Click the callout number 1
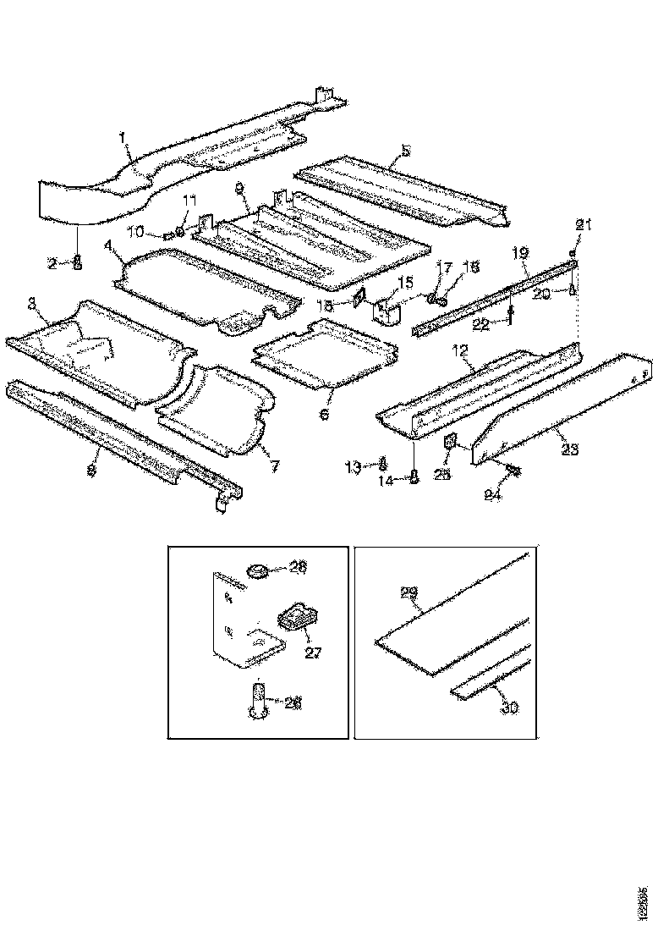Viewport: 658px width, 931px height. pos(123,136)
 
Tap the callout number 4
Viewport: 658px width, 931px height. pos(108,247)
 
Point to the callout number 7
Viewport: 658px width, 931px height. pos(271,465)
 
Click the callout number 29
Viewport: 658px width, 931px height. pos(409,594)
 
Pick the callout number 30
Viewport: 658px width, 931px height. pos(508,708)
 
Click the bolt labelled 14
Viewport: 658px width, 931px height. pos(414,478)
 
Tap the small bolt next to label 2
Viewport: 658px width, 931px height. pos(78,261)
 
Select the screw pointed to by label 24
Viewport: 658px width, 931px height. pos(513,469)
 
